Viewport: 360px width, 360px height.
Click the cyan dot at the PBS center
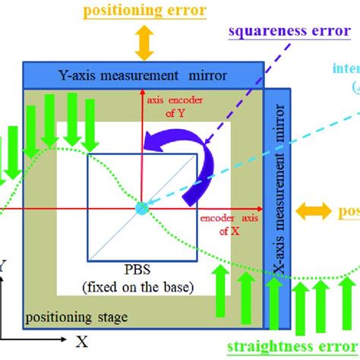pos(142,207)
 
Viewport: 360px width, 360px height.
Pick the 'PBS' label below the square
pos(142,269)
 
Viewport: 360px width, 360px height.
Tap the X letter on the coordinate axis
pos(81,342)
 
